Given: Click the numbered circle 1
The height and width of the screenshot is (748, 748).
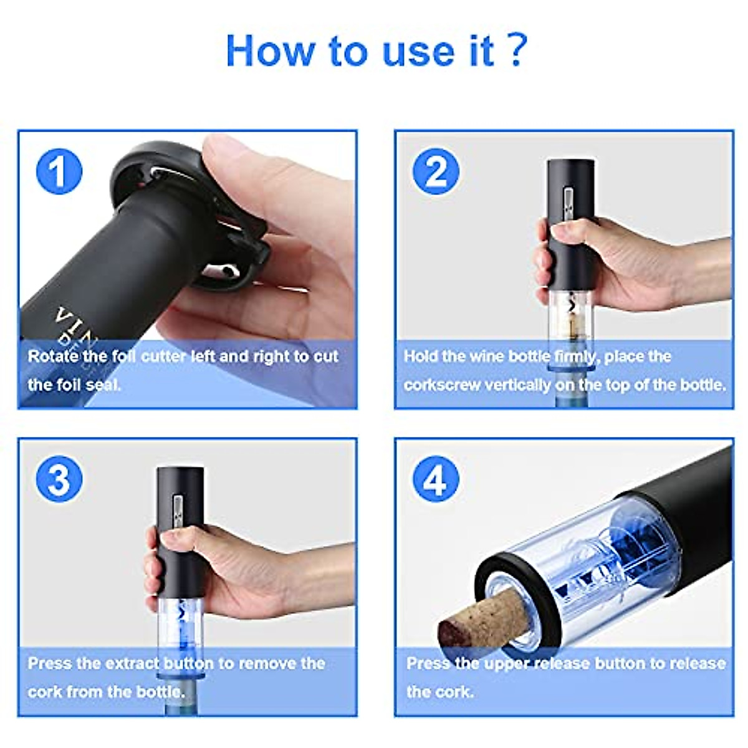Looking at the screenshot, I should pyautogui.click(x=59, y=171).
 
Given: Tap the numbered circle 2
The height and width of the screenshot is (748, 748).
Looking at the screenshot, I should pyautogui.click(x=436, y=171).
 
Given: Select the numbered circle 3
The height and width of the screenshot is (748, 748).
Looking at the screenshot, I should pyautogui.click(x=59, y=479).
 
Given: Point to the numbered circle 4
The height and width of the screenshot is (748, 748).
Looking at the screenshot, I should pyautogui.click(x=436, y=479).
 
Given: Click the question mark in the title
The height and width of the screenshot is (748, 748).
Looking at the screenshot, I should pyautogui.click(x=517, y=50).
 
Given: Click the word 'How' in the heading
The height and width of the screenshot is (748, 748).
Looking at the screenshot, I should pyautogui.click(x=270, y=51).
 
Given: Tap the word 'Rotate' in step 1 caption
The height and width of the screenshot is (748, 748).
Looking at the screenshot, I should pyautogui.click(x=53, y=357).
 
